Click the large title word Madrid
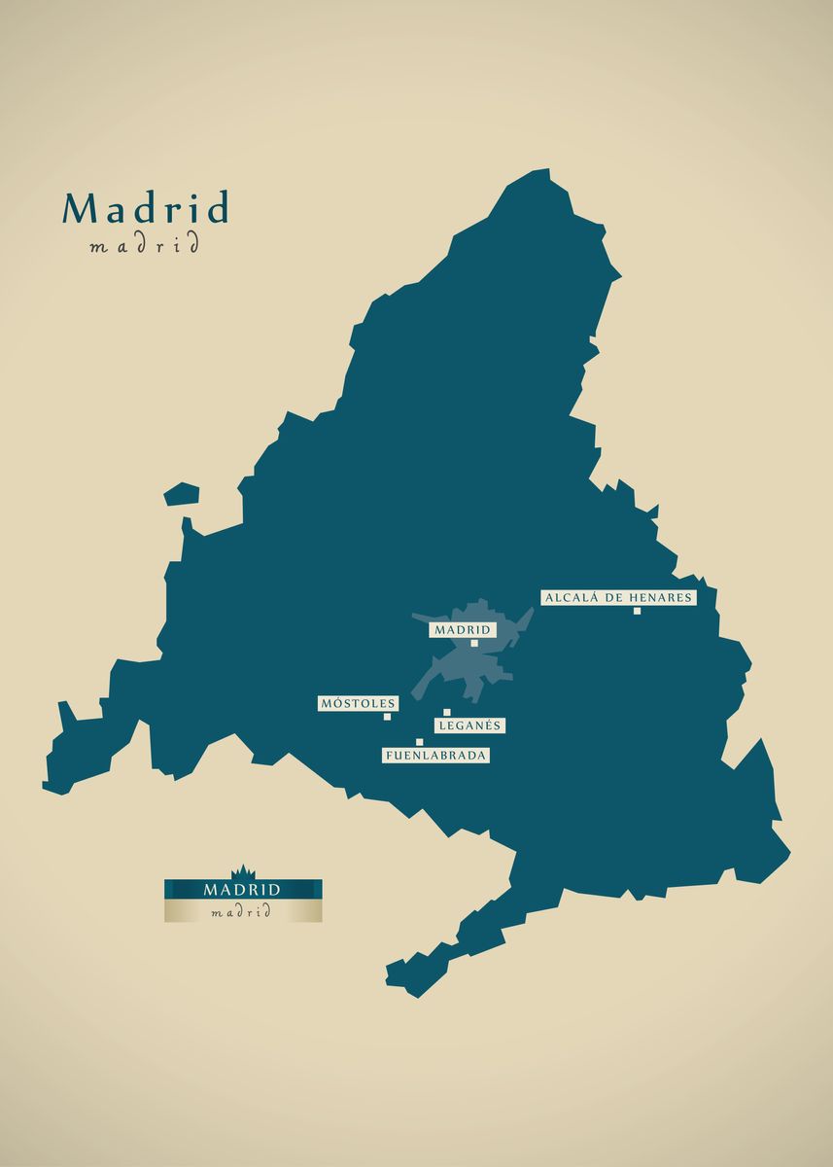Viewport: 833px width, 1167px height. [146, 209]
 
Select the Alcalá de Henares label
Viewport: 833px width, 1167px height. [618, 597]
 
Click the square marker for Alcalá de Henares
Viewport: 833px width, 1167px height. [637, 611]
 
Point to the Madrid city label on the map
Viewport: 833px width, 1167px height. [463, 629]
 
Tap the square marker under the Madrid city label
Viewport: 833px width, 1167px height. [474, 643]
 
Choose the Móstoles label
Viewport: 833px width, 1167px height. [358, 703]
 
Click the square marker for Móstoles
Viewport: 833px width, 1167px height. [387, 717]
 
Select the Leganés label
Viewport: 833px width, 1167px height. [469, 725]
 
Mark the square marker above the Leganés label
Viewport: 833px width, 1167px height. [447, 712]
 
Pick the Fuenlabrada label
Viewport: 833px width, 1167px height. [434, 755]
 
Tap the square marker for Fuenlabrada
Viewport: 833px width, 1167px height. [420, 742]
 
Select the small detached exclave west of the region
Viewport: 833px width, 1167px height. [181, 494]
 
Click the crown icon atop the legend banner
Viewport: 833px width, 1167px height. [242, 871]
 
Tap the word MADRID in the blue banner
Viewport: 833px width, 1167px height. [242, 889]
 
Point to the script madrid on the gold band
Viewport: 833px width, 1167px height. [242, 912]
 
